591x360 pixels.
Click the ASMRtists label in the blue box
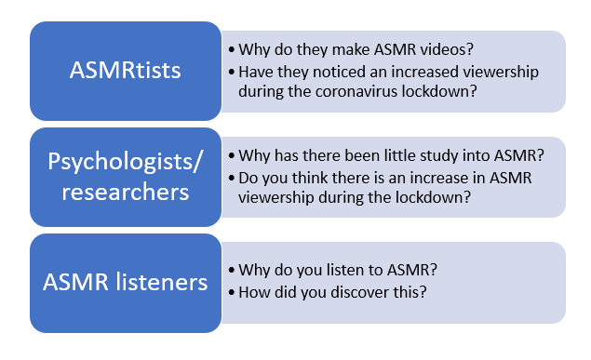click(x=125, y=70)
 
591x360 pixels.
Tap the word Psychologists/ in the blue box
click(x=125, y=162)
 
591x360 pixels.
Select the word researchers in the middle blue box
click(x=125, y=192)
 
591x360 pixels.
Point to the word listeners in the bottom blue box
click(x=161, y=282)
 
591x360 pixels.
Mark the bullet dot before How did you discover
click(x=232, y=293)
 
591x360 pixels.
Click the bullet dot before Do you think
click(x=232, y=178)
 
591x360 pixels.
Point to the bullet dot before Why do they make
click(x=232, y=49)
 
